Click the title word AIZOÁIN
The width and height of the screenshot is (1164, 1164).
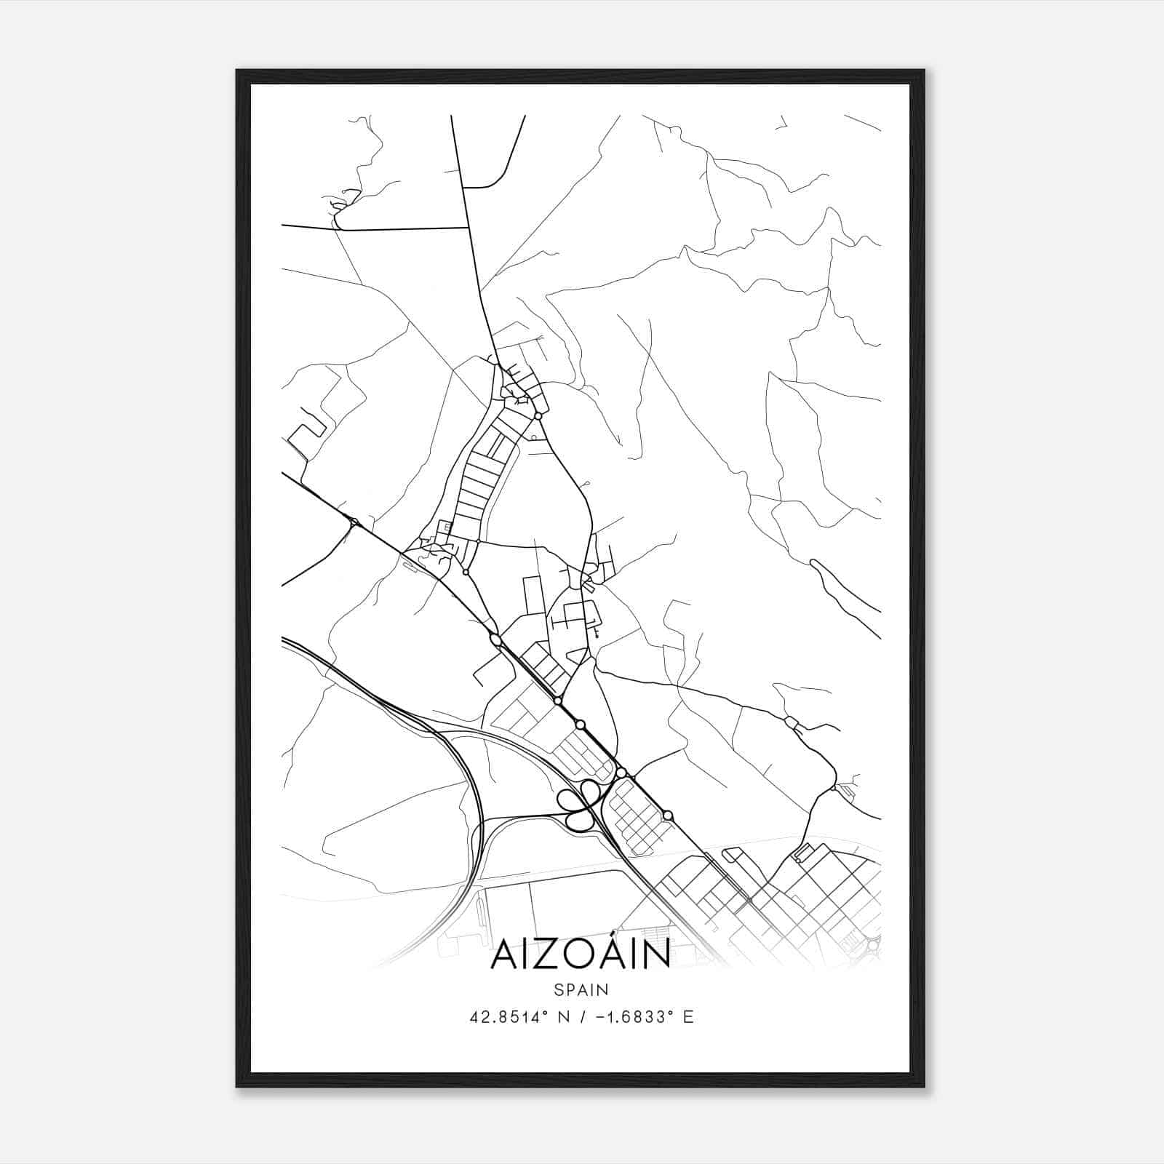point(581,954)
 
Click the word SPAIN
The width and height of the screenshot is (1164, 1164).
point(581,989)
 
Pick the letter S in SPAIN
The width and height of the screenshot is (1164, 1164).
point(558,989)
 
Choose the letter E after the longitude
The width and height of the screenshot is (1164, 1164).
point(688,1017)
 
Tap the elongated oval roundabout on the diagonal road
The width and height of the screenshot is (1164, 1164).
point(496,639)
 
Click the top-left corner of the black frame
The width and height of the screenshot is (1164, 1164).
point(237,71)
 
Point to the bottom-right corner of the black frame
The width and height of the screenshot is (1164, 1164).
point(924,1086)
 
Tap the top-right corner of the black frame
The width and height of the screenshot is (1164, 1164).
point(924,71)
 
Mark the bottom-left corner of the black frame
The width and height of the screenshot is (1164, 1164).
point(237,1086)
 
